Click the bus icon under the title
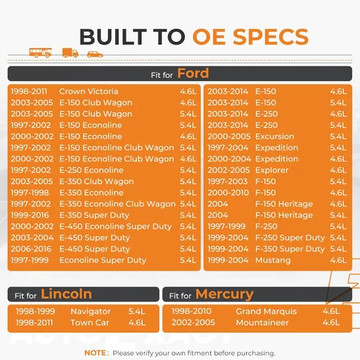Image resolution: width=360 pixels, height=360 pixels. [40, 53]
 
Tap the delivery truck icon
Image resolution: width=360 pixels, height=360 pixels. [71, 53]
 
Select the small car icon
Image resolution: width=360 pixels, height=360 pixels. [95, 55]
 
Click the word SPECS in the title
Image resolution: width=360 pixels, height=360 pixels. [271, 37]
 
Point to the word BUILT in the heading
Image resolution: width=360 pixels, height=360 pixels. [113, 37]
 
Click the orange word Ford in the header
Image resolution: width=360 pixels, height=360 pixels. [193, 73]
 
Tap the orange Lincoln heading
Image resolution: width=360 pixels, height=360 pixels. [66, 294]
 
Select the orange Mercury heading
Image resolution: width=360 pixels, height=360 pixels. [225, 294]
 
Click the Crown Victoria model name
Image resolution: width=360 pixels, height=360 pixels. [89, 91]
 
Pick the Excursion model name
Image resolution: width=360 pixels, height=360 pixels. [274, 136]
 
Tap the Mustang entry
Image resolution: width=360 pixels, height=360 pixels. [273, 261]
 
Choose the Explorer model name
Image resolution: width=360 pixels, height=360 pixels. [271, 170]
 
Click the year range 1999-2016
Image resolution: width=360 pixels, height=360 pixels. [30, 215]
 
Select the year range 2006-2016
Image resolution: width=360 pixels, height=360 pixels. [31, 249]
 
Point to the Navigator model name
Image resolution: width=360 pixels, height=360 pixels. [91, 311]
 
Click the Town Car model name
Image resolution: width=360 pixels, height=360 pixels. [90, 323]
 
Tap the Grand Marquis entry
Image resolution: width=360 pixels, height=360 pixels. [266, 311]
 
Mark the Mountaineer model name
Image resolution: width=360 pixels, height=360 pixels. [262, 323]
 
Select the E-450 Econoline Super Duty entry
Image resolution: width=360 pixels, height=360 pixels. [115, 227]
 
